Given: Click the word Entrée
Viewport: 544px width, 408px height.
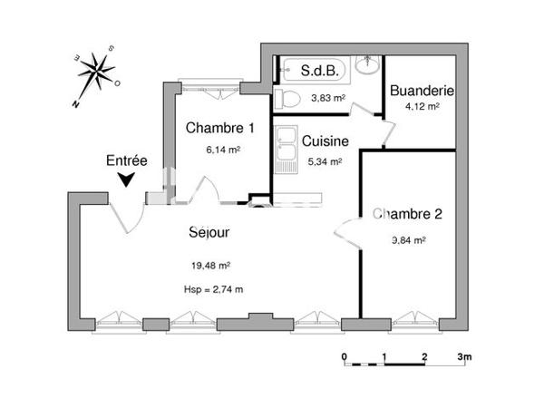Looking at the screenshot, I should pyautogui.click(x=126, y=160).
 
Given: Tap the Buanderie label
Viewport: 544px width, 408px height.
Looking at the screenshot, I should pyautogui.click(x=421, y=91).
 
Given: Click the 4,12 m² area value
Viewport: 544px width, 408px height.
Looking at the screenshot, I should pyautogui.click(x=423, y=106).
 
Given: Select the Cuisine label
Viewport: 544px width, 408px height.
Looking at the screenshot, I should pyautogui.click(x=322, y=141).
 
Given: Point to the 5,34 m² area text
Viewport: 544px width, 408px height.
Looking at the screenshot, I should pyautogui.click(x=325, y=162).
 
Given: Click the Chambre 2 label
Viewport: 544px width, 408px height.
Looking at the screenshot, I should pyautogui.click(x=408, y=215).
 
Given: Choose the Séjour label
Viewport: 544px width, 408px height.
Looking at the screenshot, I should pyautogui.click(x=209, y=232).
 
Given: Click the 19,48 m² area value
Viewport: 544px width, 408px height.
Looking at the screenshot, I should pyautogui.click(x=210, y=266).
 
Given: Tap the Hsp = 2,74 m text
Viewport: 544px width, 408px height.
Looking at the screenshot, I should pyautogui.click(x=213, y=289).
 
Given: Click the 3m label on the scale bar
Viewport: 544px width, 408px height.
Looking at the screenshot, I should pyautogui.click(x=463, y=356).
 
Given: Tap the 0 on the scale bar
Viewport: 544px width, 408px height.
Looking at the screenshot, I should pyautogui.click(x=345, y=356).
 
